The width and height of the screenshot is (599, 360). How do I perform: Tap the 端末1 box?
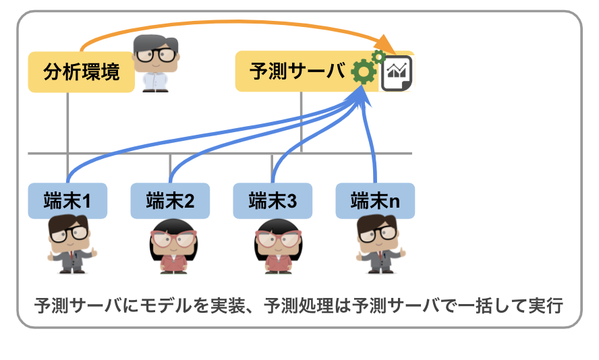click(67, 200)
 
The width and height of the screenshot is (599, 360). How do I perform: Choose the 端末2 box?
click(170, 200)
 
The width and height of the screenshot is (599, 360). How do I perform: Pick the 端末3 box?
click(273, 200)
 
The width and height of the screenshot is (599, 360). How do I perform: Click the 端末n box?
click(375, 200)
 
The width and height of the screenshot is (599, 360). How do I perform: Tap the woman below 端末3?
click(277, 245)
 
